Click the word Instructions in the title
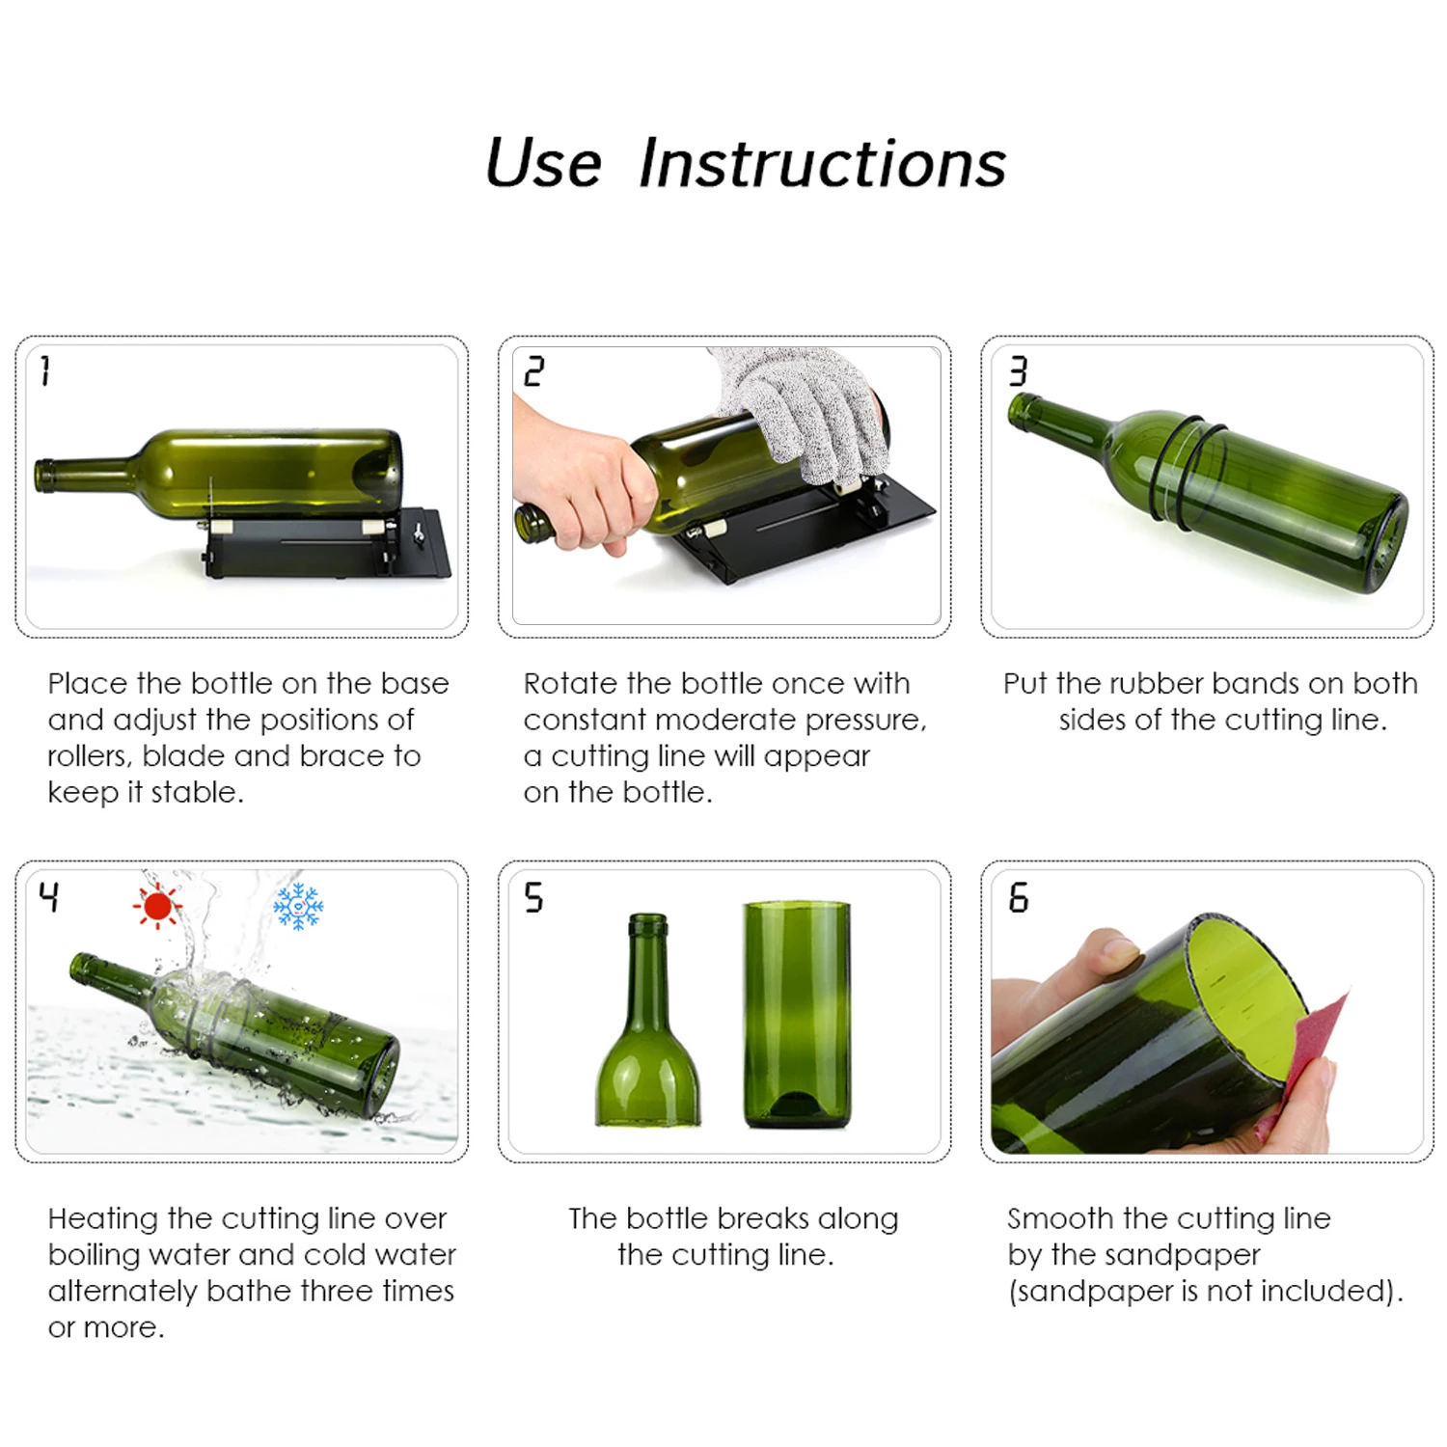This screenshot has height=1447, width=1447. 822,163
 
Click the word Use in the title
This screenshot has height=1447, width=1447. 543,163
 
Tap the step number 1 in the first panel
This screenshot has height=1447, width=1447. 45,370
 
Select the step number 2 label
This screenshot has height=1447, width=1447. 533,371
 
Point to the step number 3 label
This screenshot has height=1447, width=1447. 1018,371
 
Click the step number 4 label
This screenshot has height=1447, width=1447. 49,897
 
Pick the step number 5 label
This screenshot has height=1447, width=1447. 533,898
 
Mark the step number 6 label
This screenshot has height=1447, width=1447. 1019,898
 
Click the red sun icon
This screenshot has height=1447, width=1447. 157,907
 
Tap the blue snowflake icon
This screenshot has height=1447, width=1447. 298,907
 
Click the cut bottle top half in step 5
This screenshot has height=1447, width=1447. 647,1032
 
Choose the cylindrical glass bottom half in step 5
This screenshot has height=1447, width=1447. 797,1013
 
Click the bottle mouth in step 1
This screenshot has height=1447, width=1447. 43,476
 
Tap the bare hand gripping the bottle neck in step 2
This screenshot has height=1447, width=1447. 579,482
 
